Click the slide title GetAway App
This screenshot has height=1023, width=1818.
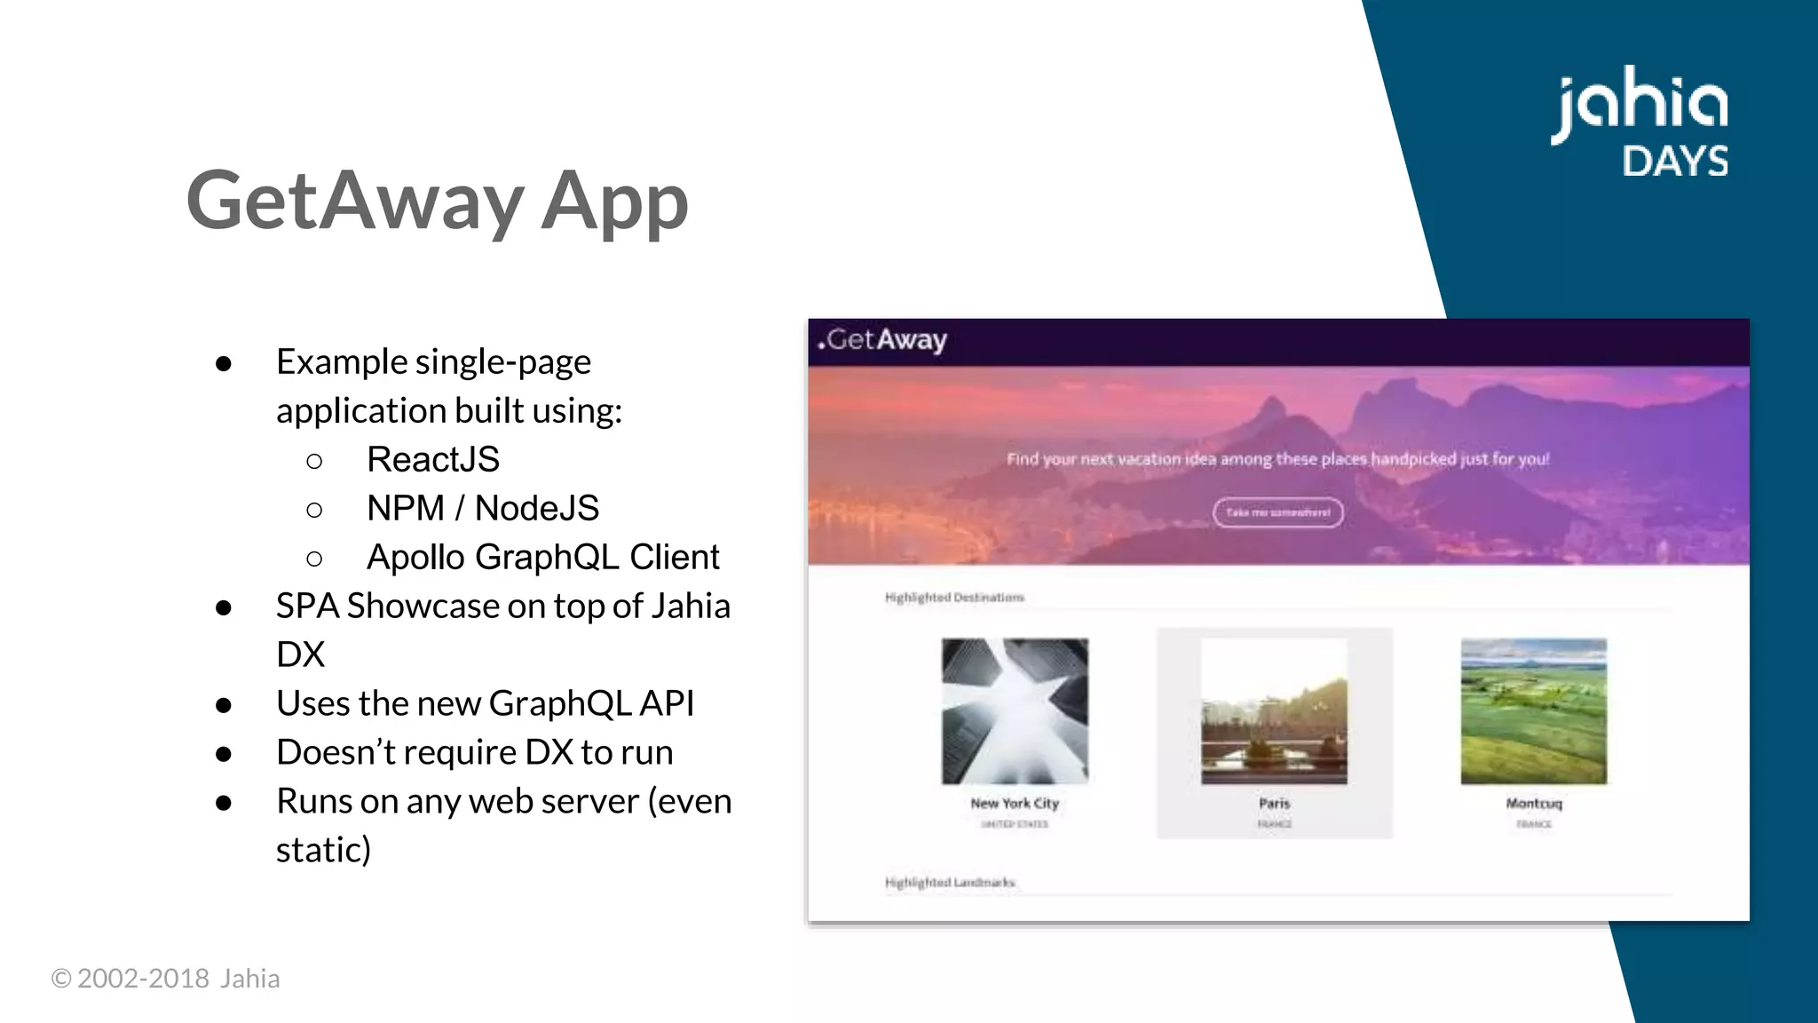tap(437, 201)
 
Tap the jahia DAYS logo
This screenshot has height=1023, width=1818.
tap(1640, 123)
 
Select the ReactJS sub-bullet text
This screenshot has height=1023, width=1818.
tap(433, 459)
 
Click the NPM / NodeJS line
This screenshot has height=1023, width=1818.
tap(483, 508)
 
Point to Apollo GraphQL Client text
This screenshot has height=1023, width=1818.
tap(542, 557)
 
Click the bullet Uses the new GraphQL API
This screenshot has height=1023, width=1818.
tap(485, 703)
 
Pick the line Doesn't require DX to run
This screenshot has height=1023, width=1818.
tap(474, 752)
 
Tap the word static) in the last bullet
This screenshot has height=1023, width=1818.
tap(323, 850)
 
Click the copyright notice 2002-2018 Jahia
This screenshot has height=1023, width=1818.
tap(166, 978)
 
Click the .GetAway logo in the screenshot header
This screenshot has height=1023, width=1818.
tap(882, 340)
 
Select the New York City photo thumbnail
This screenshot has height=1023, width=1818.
tap(1015, 710)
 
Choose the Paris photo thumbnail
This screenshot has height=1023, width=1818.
tap(1274, 710)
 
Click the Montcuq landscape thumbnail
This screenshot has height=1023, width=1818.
tap(1533, 710)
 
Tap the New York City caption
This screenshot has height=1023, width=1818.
tap(1015, 803)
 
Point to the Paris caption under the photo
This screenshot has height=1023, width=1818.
tap(1274, 803)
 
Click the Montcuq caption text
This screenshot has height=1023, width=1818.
tap(1533, 803)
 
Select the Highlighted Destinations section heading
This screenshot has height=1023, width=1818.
tap(954, 598)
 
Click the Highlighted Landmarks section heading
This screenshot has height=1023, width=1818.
tap(950, 882)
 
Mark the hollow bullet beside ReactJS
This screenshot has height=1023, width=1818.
tap(314, 461)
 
